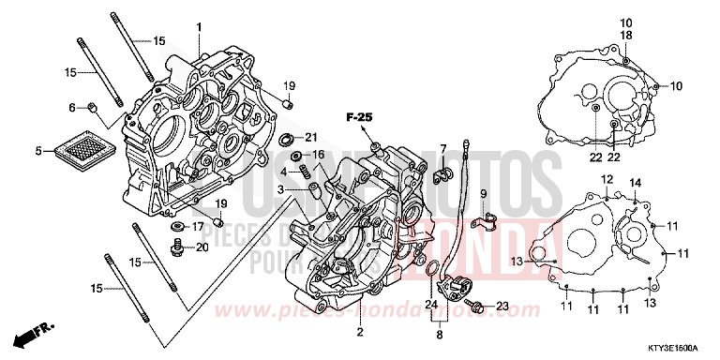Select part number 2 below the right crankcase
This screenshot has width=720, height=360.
click(360, 332)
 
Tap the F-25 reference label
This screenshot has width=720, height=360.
click(358, 117)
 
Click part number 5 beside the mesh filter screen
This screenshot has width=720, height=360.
click(38, 150)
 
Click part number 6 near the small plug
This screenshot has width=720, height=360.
click(71, 108)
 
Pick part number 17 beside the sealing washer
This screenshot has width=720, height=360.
click(198, 226)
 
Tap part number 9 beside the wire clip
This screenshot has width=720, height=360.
click(484, 194)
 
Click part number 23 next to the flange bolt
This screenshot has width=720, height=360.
click(502, 307)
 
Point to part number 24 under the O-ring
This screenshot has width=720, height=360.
click(430, 304)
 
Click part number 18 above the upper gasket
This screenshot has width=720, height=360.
click(626, 35)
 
